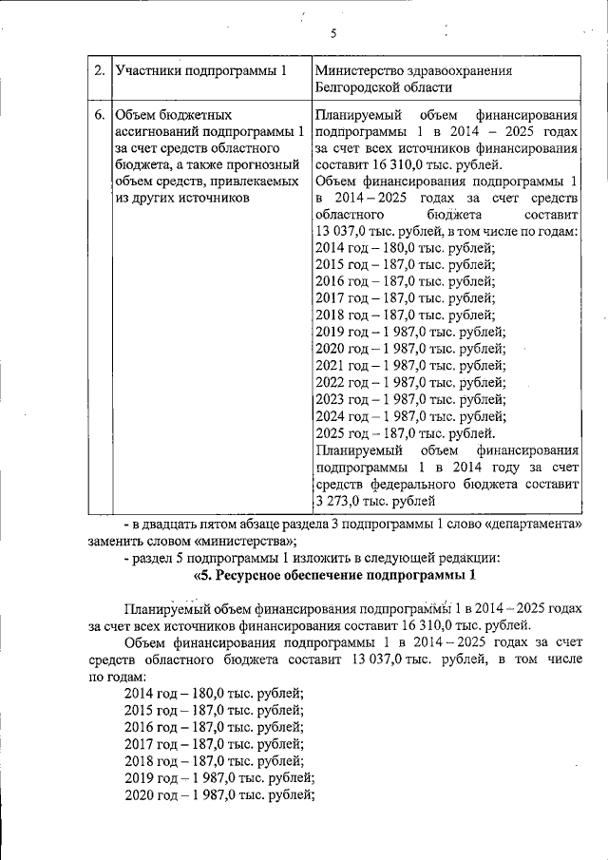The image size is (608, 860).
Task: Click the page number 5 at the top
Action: [x=333, y=34]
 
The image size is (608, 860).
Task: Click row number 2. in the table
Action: [x=100, y=71]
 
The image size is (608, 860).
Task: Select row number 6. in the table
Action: [x=100, y=115]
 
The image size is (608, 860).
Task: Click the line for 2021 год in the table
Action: [x=409, y=365]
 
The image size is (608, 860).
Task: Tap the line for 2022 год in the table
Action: [x=409, y=382]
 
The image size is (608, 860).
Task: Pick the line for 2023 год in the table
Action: [x=409, y=399]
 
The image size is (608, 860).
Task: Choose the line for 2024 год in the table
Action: [x=409, y=415]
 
